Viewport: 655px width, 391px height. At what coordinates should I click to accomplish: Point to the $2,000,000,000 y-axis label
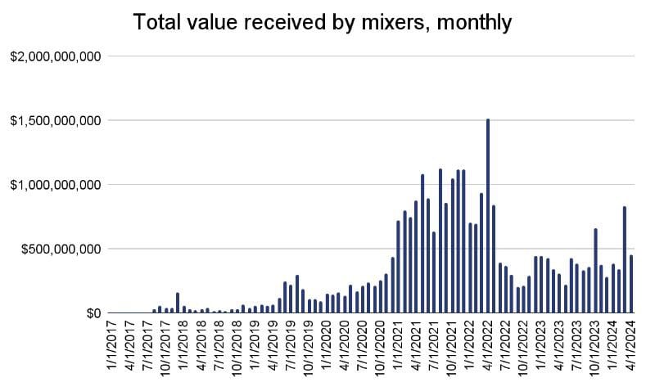pyautogui.click(x=55, y=56)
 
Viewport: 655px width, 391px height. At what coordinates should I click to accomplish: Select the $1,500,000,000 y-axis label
pyautogui.click(x=55, y=121)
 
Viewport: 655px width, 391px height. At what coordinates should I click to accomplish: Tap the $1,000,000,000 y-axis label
pyautogui.click(x=55, y=185)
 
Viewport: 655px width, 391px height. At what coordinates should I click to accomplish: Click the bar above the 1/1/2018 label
pyautogui.click(x=178, y=303)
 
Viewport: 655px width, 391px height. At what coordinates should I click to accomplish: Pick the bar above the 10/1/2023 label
pyautogui.click(x=595, y=271)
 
